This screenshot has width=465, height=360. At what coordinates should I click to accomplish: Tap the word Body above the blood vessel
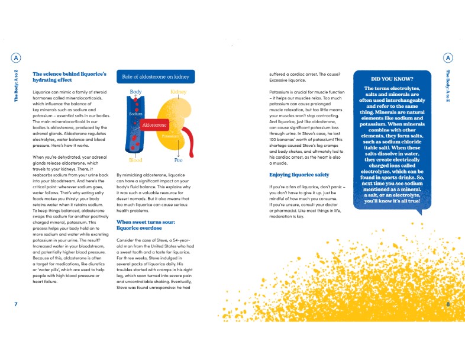(136, 92)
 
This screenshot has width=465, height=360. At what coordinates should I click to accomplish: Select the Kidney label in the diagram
(179, 92)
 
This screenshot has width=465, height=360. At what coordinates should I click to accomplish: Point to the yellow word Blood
(135, 160)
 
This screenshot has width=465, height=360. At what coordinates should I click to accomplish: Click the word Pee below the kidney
(179, 160)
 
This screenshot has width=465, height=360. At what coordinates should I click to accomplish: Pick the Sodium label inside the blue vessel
(137, 112)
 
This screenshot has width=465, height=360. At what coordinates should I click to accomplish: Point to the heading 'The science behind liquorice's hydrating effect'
(69, 77)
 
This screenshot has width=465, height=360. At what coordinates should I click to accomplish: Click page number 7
(16, 304)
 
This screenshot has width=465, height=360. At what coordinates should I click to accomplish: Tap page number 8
(448, 304)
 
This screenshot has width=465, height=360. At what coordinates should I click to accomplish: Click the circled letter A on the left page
(16, 57)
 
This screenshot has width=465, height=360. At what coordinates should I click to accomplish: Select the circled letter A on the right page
(448, 57)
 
